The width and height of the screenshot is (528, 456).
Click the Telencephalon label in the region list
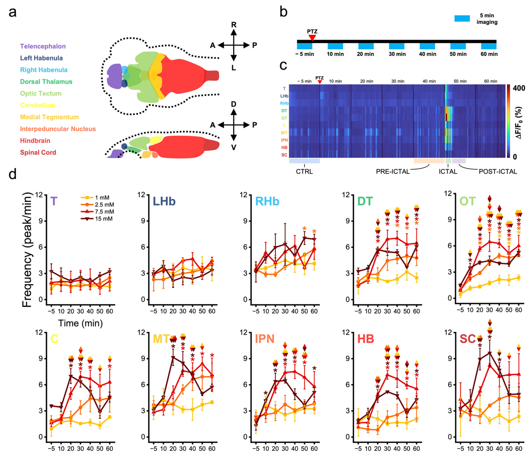[43, 46]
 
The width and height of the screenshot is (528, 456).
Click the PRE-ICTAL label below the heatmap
[393, 171]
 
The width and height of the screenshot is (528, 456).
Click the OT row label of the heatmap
[284, 118]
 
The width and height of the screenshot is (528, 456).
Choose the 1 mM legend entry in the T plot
[102, 198]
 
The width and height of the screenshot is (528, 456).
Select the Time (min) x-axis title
[80, 323]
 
